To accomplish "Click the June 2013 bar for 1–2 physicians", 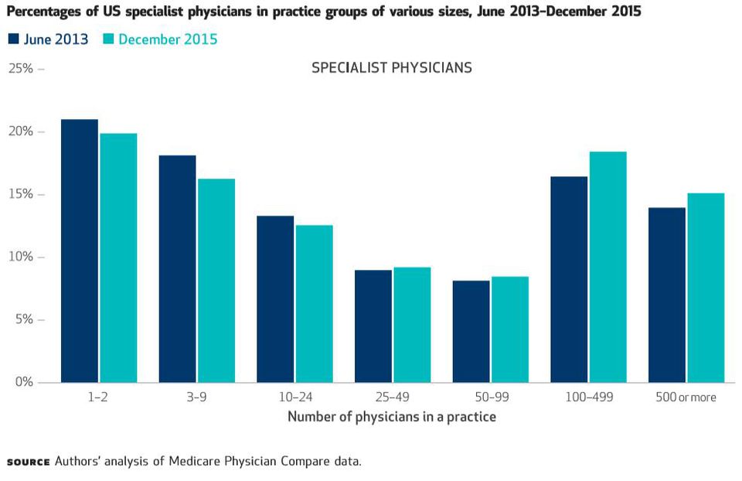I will (80, 251).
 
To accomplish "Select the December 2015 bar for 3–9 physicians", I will (216, 280).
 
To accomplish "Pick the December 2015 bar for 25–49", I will (412, 325).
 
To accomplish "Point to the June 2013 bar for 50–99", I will (471, 331).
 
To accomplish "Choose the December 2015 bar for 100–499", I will (608, 267).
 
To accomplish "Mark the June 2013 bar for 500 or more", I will (667, 295).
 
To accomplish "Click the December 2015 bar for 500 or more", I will (706, 288).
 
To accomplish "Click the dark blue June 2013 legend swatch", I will (13, 39).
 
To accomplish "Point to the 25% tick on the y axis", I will (41, 69).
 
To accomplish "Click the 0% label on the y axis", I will (23, 382).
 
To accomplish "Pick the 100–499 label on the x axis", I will (588, 397).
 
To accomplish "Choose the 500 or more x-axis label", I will (686, 397).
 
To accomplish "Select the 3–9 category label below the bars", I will (197, 397).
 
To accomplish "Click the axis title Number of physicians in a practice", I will (392, 417).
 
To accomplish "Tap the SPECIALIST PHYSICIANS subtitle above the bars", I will (392, 68).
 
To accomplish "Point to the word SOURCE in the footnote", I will (28, 462).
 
